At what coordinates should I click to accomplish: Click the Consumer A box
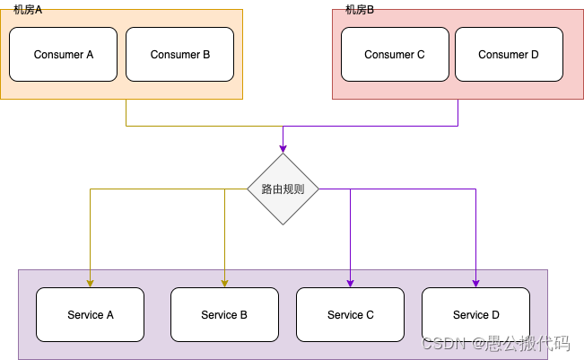(63, 54)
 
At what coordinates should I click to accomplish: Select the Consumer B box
(179, 54)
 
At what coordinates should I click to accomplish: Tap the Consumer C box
(395, 54)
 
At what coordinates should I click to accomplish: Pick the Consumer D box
(509, 54)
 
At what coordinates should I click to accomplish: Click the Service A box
(90, 314)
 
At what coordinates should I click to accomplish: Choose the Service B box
(224, 314)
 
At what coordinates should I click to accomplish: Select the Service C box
(350, 314)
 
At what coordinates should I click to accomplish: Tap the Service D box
(475, 314)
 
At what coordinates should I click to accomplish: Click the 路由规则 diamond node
(283, 189)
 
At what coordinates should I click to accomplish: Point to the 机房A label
(28, 9)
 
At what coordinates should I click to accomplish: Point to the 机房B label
(360, 9)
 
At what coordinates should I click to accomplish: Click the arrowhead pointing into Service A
(90, 283)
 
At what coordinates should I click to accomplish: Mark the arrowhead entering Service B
(224, 283)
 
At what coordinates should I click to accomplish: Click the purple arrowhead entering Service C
(350, 283)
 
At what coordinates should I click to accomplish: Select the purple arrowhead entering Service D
(475, 283)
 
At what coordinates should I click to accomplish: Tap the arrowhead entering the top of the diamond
(283, 148)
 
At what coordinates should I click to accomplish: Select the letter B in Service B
(243, 315)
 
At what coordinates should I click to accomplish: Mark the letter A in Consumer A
(90, 55)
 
